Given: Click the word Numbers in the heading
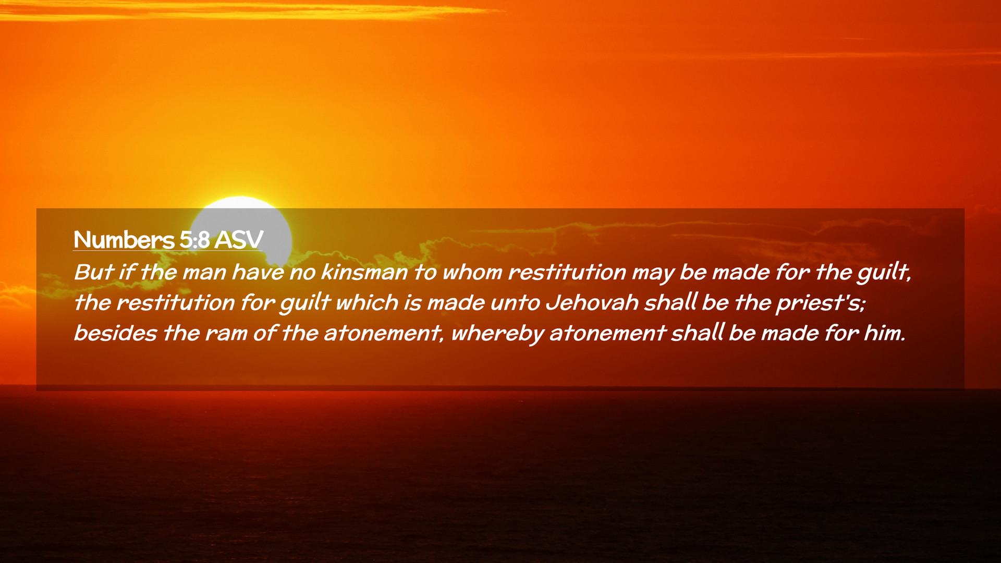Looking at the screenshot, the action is pyautogui.click(x=124, y=240).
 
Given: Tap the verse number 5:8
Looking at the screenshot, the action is pyautogui.click(x=194, y=240).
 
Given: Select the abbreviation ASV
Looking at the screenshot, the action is pyautogui.click(x=239, y=240).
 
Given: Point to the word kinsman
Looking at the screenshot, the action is pyautogui.click(x=364, y=272).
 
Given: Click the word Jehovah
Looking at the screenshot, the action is pyautogui.click(x=592, y=302).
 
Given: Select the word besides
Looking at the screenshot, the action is pyautogui.click(x=115, y=333).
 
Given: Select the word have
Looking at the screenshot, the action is pyautogui.click(x=258, y=272).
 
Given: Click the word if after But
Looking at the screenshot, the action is pyautogui.click(x=126, y=272).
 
